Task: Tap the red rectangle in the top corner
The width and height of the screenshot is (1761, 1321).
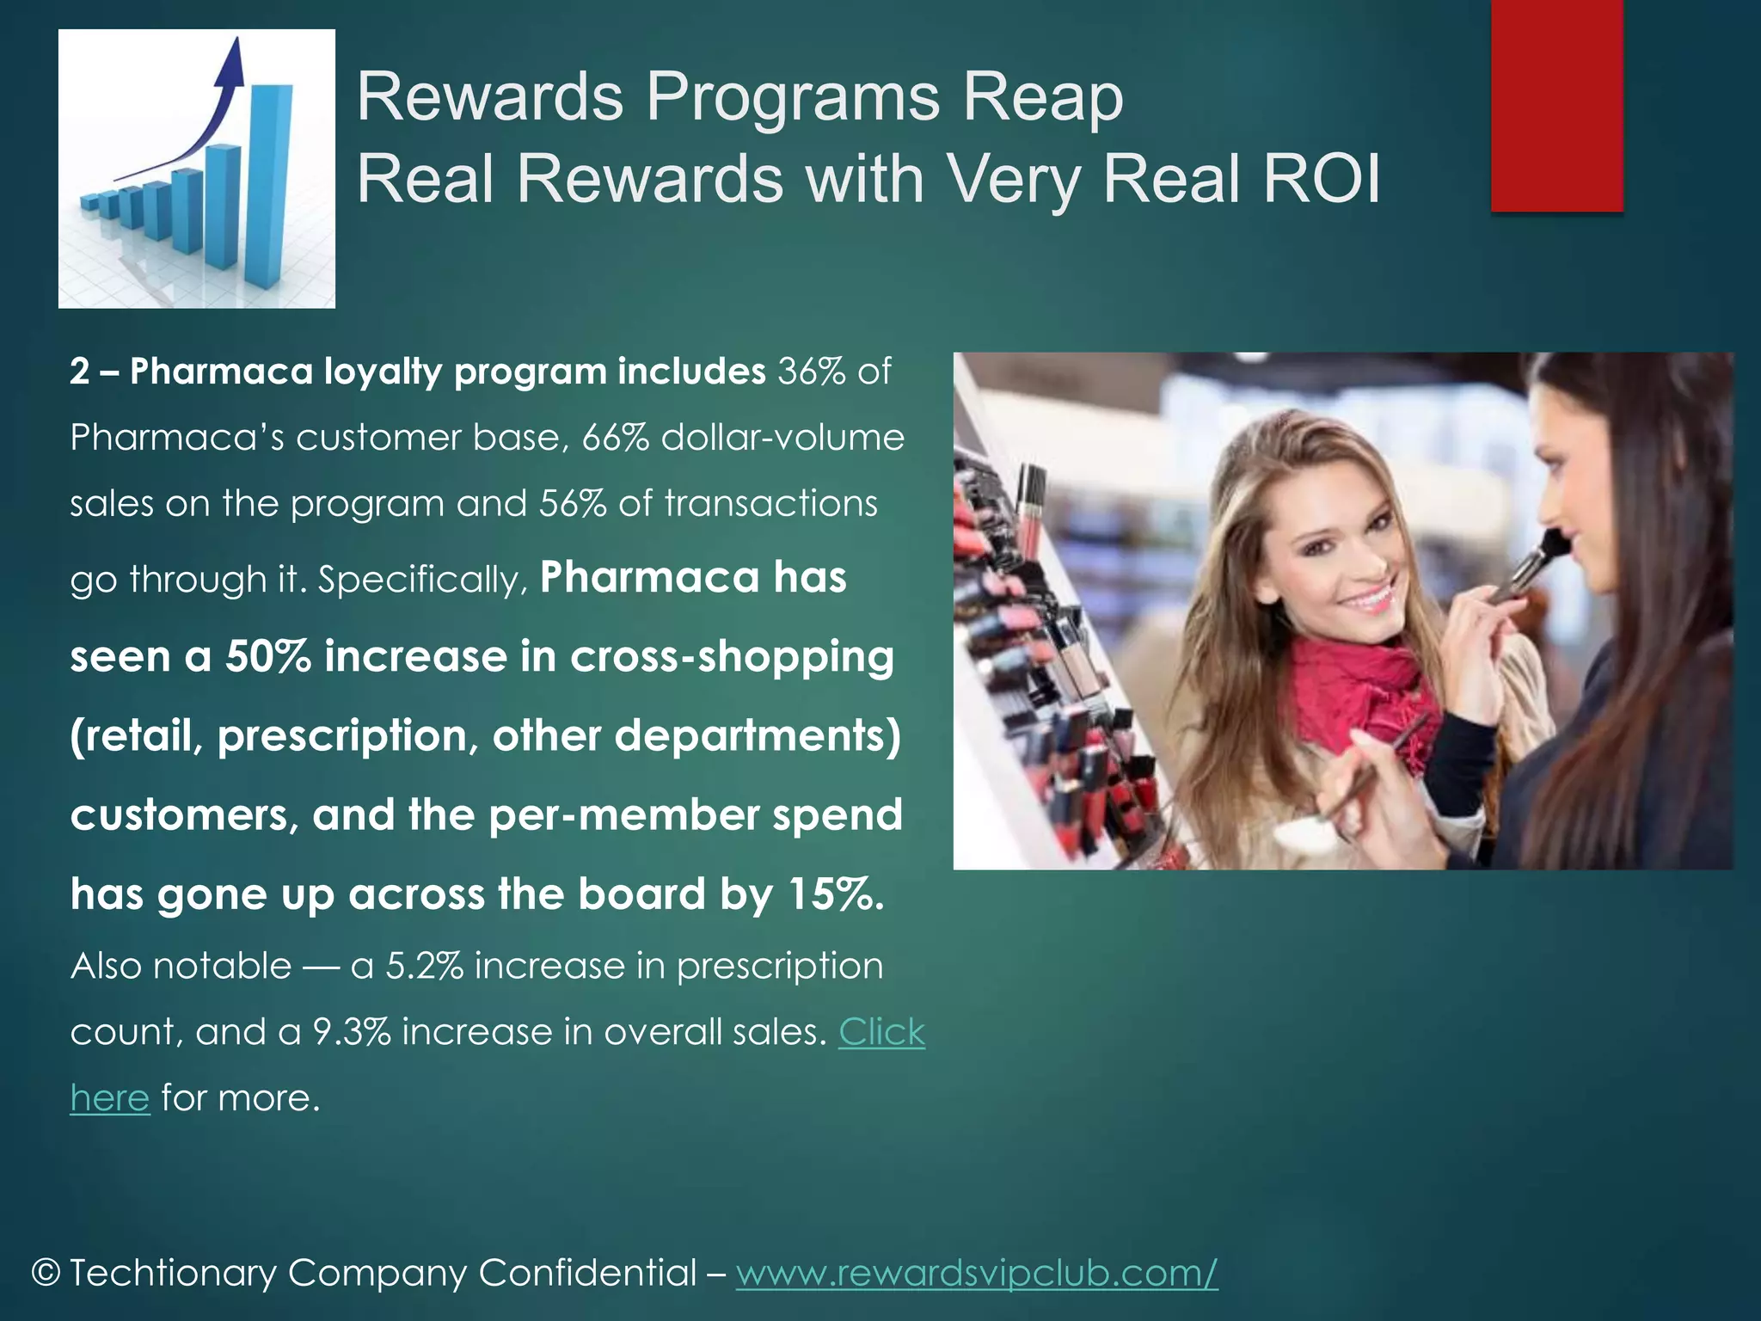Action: pos(1556,105)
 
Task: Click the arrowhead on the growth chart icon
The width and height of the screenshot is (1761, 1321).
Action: pos(230,60)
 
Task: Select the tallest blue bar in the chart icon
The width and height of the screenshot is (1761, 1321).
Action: pos(268,185)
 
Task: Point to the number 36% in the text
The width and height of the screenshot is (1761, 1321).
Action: pos(812,372)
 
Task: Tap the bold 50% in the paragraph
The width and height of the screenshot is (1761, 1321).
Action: pos(267,657)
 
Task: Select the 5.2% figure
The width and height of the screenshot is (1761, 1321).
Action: pos(424,966)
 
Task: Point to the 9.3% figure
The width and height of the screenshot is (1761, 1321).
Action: pos(352,1032)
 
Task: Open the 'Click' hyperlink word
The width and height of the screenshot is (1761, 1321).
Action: pos(881,1032)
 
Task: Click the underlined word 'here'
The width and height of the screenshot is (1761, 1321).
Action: pos(110,1098)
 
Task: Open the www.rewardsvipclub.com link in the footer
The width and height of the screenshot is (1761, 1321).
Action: pos(977,1273)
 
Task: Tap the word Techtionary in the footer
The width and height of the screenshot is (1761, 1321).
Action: pos(173,1273)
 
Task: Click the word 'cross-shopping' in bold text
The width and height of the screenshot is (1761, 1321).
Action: pos(732,657)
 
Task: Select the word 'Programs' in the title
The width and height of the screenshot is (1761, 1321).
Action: pos(793,96)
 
